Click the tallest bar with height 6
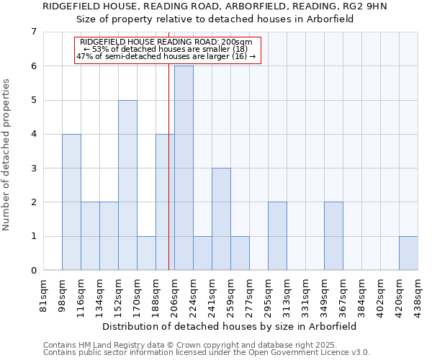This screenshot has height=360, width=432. [x=184, y=168]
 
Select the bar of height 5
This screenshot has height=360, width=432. [x=127, y=185]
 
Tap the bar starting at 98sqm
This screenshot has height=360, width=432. [x=71, y=202]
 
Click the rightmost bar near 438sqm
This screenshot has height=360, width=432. [x=408, y=253]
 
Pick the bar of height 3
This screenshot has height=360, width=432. [x=221, y=219]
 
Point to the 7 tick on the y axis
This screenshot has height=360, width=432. [x=33, y=32]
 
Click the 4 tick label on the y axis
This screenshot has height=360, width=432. [x=33, y=134]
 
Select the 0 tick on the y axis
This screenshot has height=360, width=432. [x=33, y=271]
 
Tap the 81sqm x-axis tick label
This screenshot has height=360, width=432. [x=43, y=295]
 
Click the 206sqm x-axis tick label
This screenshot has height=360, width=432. [x=174, y=295]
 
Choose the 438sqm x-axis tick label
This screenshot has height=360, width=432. [x=418, y=295]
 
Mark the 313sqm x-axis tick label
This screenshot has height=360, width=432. [x=287, y=295]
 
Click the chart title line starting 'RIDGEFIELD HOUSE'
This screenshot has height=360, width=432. [x=215, y=6]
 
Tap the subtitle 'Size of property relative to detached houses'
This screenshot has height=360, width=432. [x=215, y=19]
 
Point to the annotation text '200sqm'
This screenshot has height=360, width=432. [x=238, y=42]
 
